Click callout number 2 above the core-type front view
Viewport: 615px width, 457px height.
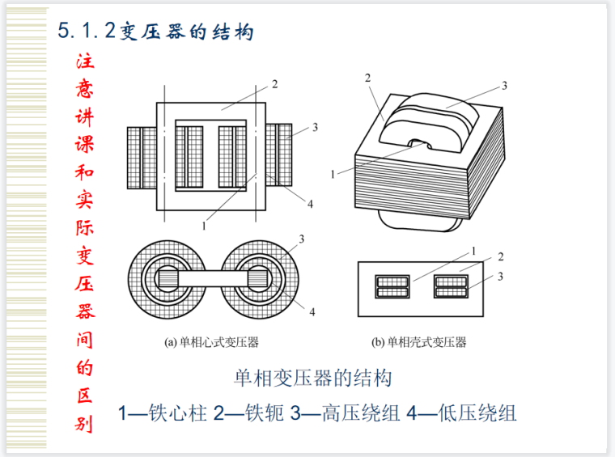click(275, 84)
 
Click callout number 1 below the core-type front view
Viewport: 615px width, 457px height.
click(205, 227)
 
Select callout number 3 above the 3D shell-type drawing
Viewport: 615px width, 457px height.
click(504, 85)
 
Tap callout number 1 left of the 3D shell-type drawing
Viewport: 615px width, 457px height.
click(333, 174)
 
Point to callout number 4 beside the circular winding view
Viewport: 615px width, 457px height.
click(311, 311)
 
